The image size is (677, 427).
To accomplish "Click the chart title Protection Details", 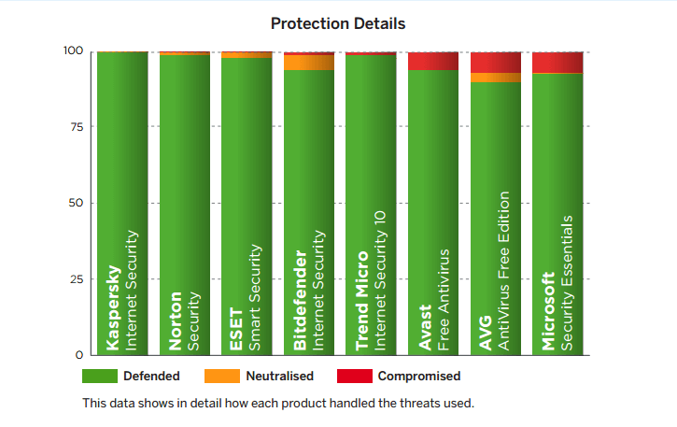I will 338,21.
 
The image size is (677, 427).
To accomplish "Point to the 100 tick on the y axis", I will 72,51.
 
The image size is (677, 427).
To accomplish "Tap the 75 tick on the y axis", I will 76,127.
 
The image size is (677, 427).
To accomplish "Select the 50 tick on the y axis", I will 76,204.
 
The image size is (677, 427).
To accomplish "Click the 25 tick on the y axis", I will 76,279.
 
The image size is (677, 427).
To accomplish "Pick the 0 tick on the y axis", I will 79,356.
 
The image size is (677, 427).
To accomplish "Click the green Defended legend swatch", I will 100,377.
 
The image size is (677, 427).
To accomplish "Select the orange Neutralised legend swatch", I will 222,377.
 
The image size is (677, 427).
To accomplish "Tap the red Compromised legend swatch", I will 354,377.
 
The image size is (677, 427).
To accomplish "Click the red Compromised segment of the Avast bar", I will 433,62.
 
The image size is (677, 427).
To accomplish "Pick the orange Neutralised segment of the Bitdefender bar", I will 309,63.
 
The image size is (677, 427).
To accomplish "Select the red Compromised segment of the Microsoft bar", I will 557,63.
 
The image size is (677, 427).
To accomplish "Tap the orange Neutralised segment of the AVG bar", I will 496,78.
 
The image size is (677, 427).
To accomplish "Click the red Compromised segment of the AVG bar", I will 496,63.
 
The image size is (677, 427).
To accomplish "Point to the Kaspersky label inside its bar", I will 113,307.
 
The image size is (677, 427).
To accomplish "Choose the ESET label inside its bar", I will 237,330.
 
